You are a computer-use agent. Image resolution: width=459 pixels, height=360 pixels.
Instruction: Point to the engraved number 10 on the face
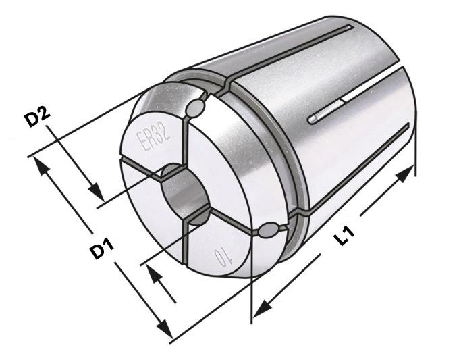[x=220, y=258]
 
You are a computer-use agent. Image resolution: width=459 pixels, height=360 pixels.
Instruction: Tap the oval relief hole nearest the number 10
[x=268, y=230]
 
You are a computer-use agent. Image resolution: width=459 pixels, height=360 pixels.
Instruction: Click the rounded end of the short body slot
[x=313, y=120]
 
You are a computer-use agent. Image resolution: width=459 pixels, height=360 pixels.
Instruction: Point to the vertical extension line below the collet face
[x=252, y=290]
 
